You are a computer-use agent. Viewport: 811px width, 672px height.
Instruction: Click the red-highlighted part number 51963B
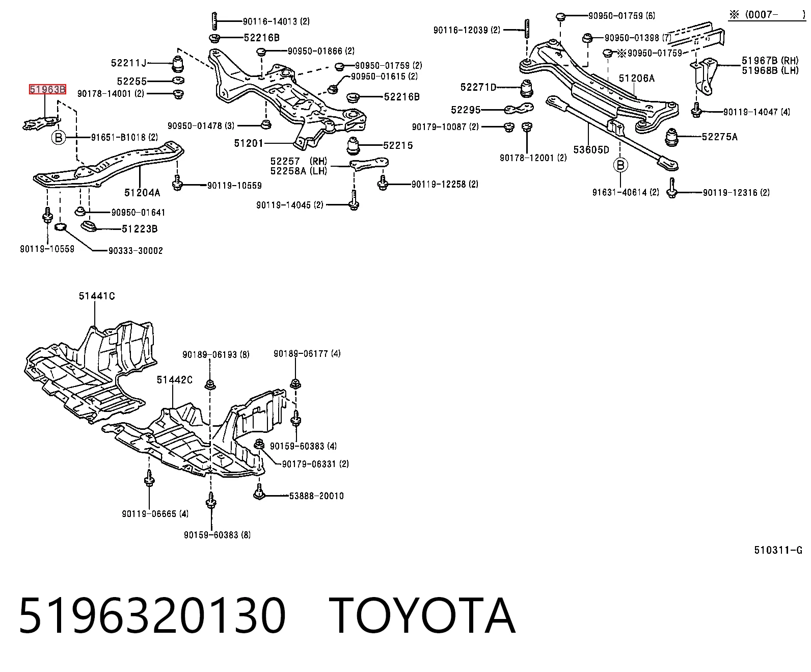(47, 89)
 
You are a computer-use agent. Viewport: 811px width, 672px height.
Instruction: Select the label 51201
(249, 143)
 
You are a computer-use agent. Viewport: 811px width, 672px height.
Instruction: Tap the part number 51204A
(142, 193)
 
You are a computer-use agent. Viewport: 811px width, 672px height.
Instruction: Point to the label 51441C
(97, 296)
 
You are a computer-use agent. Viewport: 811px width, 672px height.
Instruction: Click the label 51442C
(174, 379)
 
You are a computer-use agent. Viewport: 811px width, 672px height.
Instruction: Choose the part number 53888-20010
(316, 496)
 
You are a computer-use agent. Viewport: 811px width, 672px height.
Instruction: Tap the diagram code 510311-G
(778, 550)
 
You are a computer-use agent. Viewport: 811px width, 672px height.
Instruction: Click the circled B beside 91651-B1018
(58, 137)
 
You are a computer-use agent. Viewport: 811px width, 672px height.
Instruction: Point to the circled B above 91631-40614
(620, 165)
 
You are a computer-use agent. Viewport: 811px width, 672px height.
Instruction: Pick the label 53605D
(591, 150)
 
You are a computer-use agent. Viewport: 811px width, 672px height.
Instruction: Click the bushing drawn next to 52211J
(177, 64)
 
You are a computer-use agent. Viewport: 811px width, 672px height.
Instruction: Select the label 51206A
(637, 79)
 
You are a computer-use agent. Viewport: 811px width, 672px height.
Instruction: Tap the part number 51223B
(140, 229)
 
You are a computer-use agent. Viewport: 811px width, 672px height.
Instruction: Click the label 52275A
(719, 137)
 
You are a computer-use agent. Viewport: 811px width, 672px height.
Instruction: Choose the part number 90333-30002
(136, 251)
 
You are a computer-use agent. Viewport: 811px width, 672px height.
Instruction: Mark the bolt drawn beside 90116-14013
(214, 21)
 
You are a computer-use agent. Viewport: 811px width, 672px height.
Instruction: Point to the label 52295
(466, 110)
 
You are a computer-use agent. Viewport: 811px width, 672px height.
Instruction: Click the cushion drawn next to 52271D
(527, 89)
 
